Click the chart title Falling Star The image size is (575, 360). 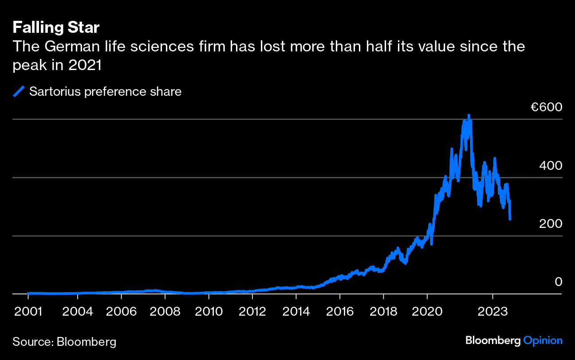point(56,28)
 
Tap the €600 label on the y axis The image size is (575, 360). point(546,107)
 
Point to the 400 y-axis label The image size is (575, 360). point(551,166)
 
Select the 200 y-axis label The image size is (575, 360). point(551,224)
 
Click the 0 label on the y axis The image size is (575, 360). point(558,282)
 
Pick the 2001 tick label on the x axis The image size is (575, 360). point(28,311)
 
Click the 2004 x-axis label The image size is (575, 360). point(78,311)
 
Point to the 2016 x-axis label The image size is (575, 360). point(340,311)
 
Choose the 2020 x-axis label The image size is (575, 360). point(427,311)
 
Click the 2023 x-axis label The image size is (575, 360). point(492,311)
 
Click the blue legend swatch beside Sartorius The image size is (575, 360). point(19,92)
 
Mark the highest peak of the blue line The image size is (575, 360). point(469,116)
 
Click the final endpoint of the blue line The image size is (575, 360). point(510,219)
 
